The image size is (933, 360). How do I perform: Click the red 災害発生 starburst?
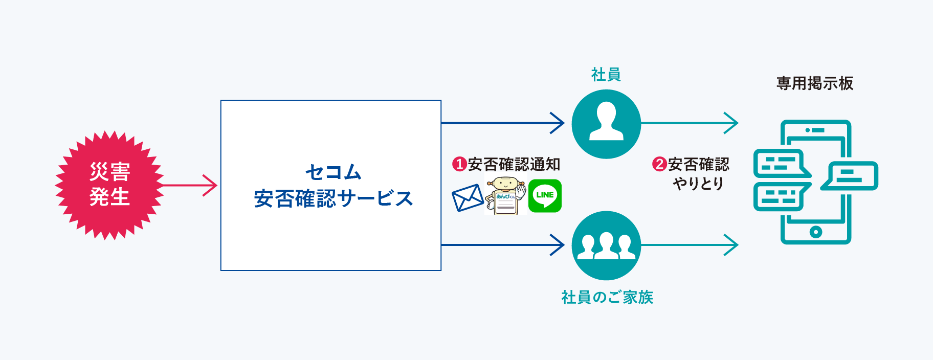(109, 185)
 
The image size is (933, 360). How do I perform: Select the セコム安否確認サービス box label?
(333, 185)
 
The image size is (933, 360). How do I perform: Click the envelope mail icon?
(468, 198)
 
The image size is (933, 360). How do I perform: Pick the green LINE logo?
(545, 195)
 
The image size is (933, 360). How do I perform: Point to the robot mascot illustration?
(505, 195)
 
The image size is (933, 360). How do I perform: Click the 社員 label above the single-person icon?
(606, 75)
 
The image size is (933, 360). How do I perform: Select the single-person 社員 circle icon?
(606, 124)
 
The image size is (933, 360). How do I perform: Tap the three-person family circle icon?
(606, 245)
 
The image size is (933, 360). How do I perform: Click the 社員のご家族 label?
(607, 297)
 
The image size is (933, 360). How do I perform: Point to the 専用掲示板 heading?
(815, 83)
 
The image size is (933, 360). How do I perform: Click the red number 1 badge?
(459, 164)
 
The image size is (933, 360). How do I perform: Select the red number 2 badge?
(659, 164)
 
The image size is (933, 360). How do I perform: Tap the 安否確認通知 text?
(514, 164)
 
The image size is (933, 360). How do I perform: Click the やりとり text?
(698, 183)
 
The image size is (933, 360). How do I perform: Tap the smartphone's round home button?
(816, 232)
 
